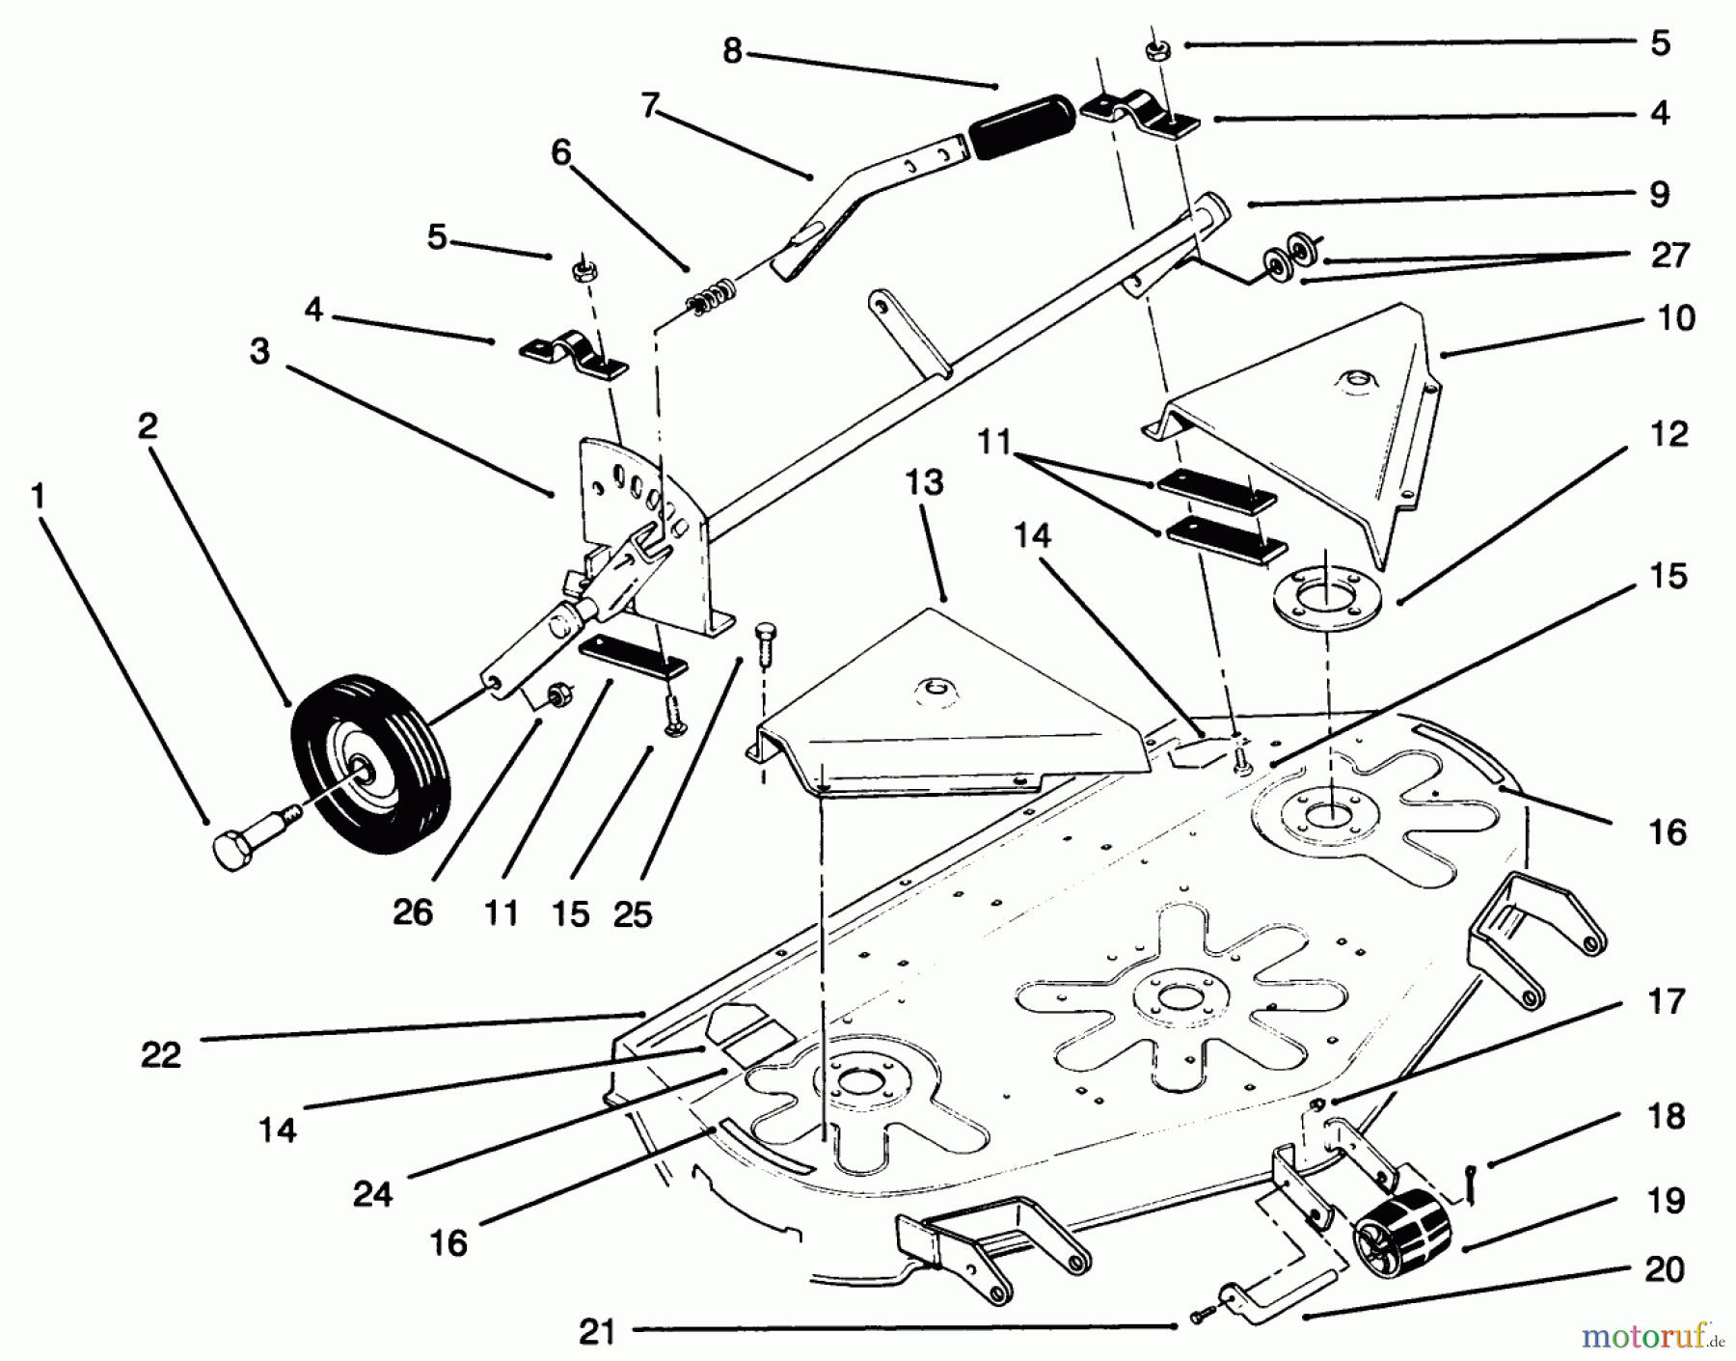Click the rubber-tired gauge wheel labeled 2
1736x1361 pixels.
(x=371, y=764)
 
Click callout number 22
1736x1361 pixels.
(x=160, y=1054)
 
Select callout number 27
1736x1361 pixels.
(x=1669, y=255)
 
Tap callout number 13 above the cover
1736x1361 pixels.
(x=924, y=482)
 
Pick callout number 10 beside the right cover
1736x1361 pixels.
(x=1675, y=318)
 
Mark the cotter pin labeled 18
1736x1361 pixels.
(x=1473, y=1192)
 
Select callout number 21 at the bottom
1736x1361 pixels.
(x=597, y=1332)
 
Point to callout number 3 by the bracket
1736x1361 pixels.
(x=259, y=351)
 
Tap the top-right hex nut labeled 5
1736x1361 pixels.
(x=1154, y=51)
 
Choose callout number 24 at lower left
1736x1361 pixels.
(x=372, y=1194)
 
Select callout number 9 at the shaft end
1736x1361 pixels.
(x=1659, y=194)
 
